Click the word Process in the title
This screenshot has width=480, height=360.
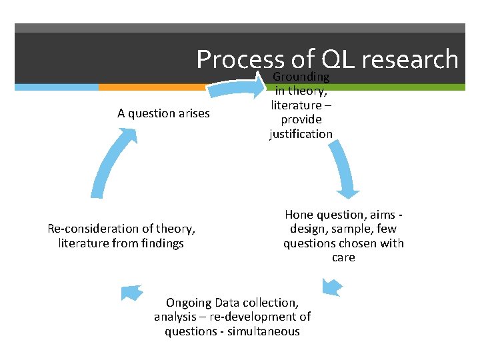tap(240, 60)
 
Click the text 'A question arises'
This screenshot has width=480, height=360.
tap(163, 113)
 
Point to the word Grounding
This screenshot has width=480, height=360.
tap(301, 77)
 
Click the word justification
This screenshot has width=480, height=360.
tap(301, 134)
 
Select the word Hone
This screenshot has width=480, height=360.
tap(299, 215)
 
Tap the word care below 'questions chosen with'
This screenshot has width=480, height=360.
tap(343, 257)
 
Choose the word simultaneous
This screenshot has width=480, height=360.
tap(265, 331)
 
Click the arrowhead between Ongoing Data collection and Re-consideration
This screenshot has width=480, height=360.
tap(132, 292)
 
